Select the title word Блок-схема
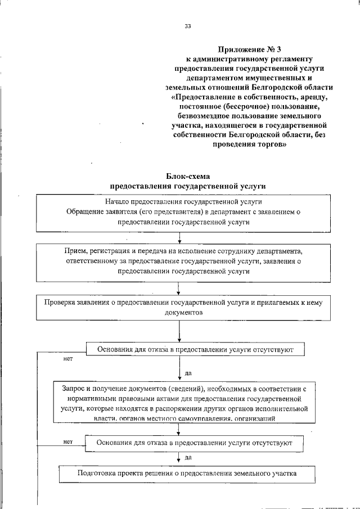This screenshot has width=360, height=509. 188,176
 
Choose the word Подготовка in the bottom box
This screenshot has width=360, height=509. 96,473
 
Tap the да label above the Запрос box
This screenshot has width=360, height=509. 188,372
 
